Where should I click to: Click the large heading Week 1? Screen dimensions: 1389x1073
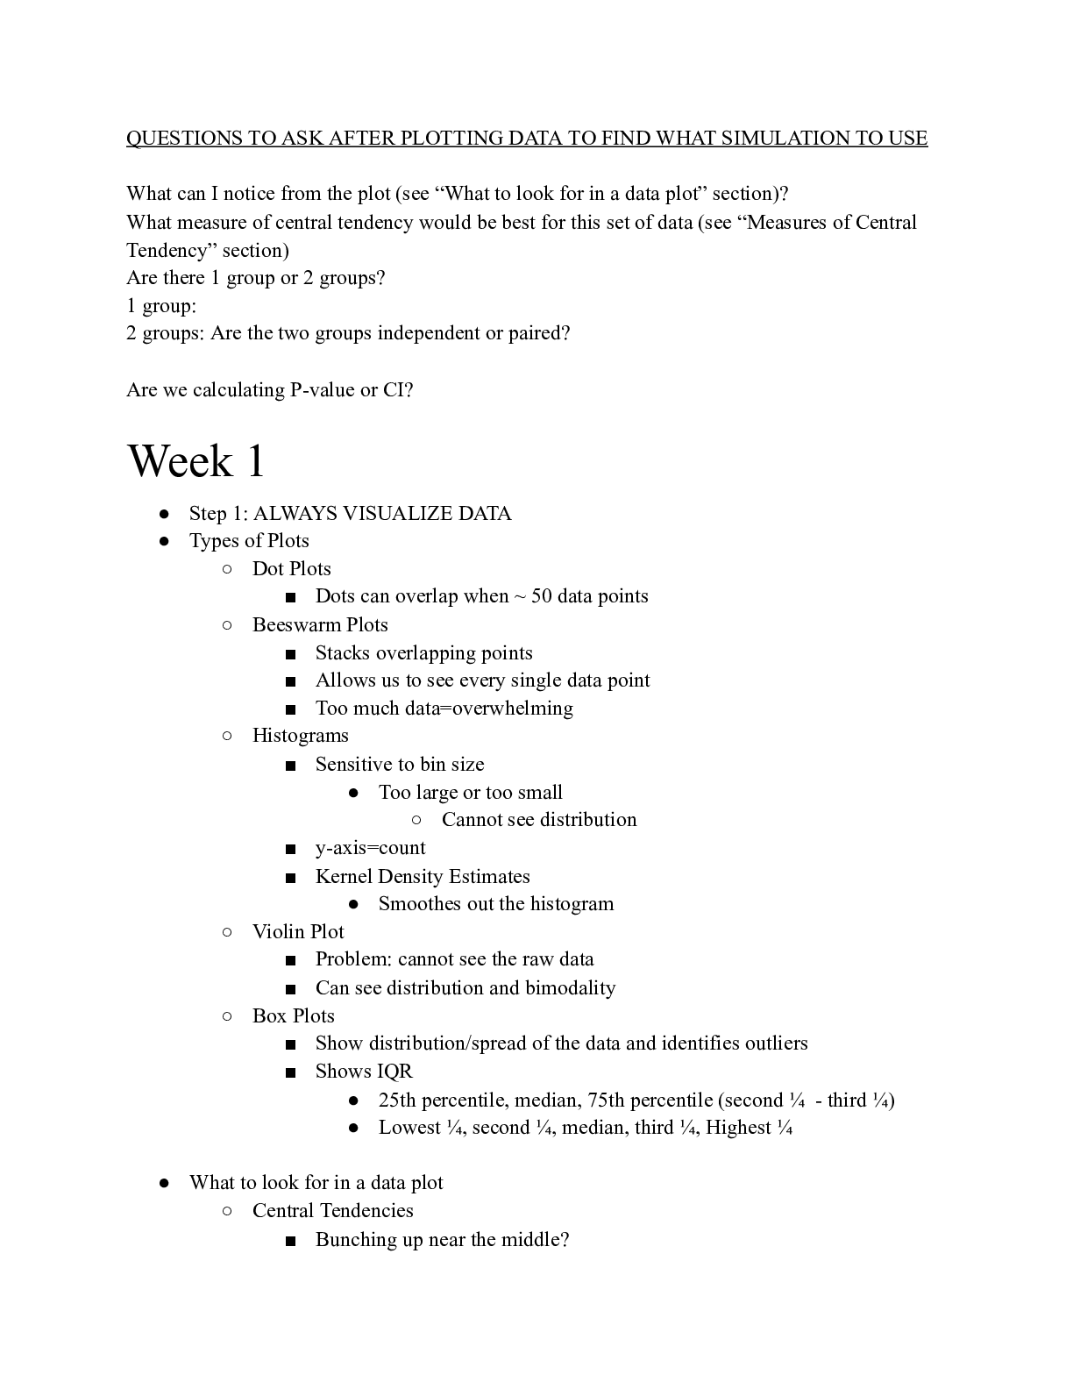[x=196, y=461]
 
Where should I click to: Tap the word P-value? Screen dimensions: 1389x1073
[x=322, y=390]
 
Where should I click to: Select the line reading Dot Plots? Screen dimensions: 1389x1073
[x=291, y=569]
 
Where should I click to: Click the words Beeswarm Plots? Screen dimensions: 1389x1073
[x=320, y=625]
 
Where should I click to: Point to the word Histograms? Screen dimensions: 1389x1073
[x=300, y=736]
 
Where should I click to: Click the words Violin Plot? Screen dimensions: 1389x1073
[x=298, y=932]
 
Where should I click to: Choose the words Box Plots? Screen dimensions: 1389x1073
[x=293, y=1016]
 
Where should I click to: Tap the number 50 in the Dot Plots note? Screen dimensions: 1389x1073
[x=542, y=597]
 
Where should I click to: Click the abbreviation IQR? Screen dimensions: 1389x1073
[x=394, y=1072]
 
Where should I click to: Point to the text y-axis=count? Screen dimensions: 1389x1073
[x=370, y=848]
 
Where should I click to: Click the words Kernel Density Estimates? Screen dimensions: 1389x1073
[x=423, y=877]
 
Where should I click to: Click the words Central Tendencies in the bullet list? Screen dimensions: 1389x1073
[x=332, y=1211]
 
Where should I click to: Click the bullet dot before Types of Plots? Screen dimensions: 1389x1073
[x=165, y=542]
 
